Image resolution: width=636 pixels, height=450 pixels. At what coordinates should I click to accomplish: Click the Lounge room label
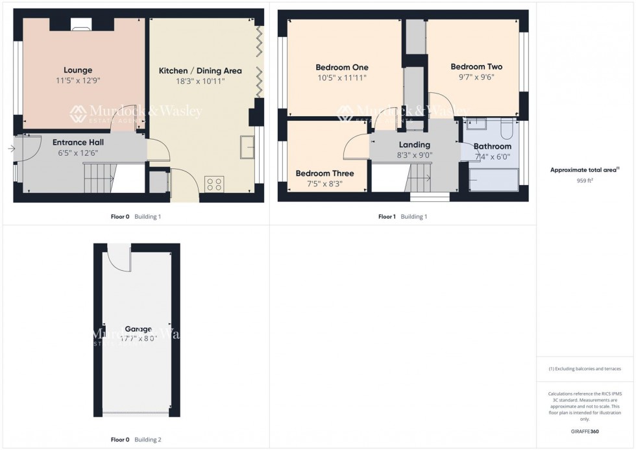[78, 70]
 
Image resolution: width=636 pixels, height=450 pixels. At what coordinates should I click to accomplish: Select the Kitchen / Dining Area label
[201, 71]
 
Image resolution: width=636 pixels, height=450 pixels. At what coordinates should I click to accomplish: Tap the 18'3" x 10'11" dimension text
[201, 81]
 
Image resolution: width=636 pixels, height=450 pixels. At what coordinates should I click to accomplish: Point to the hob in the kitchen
[214, 184]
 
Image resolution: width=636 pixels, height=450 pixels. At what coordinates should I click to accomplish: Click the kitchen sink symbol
[247, 147]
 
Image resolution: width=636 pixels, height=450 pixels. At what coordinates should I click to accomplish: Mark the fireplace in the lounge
[80, 26]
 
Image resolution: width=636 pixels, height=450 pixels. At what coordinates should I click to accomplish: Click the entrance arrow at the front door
[11, 149]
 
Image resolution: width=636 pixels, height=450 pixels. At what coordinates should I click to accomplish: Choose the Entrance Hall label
[78, 142]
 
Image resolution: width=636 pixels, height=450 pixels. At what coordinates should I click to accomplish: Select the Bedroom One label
[341, 68]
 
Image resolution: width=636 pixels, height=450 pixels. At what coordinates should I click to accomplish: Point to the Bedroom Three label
[324, 173]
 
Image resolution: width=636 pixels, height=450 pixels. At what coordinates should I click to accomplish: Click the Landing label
[414, 145]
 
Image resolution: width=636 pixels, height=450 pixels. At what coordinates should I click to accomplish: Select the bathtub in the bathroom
[493, 179]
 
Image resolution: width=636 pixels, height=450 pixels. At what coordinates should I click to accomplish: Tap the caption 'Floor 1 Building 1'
[402, 217]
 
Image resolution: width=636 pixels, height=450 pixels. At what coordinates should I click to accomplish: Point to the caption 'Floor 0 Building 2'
[136, 440]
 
